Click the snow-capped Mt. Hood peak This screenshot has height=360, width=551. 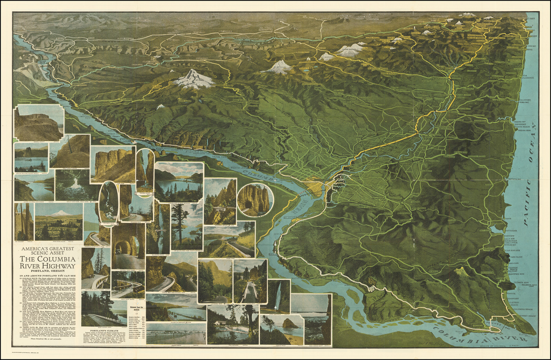click(194, 78)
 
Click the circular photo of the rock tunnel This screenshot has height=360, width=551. click(255, 200)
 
